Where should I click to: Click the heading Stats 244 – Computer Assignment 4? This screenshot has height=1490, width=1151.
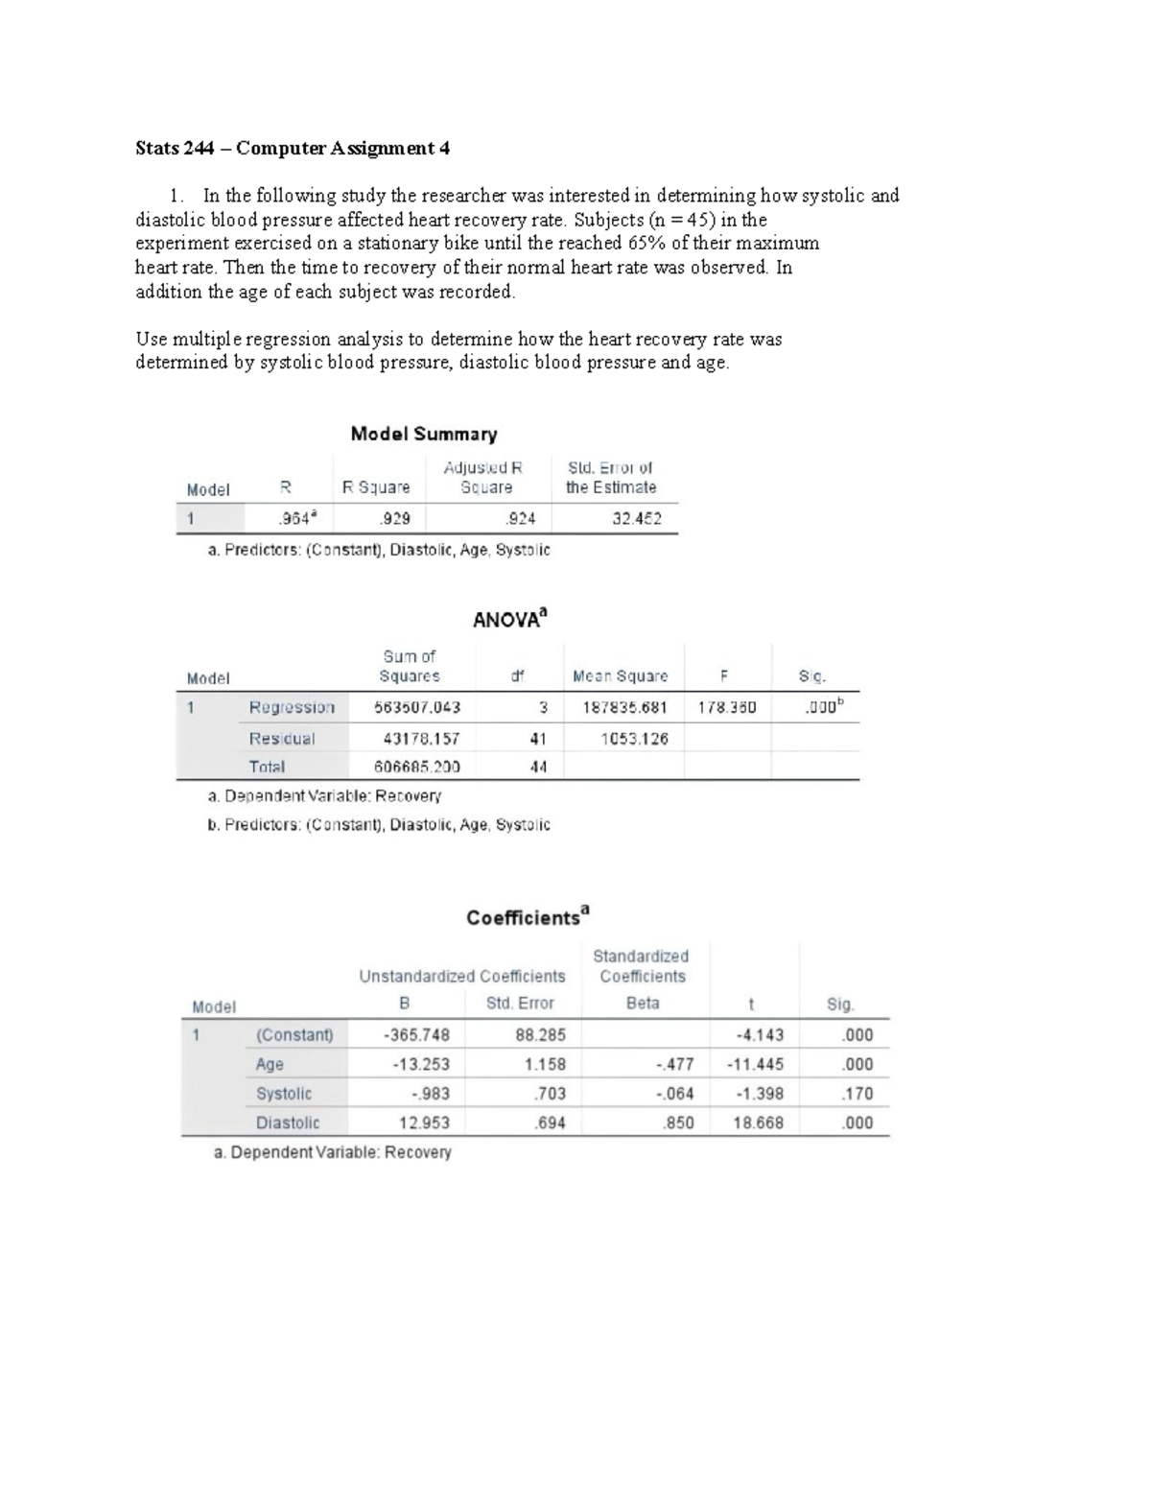293,149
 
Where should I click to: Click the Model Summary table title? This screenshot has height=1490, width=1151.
424,435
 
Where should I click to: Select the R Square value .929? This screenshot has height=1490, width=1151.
395,519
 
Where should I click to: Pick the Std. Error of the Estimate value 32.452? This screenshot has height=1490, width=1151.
637,519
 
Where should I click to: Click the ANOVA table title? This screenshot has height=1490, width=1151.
509,619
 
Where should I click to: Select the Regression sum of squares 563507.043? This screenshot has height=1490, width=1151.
417,708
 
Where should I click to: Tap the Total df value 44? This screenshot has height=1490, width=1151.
538,768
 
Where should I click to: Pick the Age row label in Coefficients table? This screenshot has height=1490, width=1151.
270,1065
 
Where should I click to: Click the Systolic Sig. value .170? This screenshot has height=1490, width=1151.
857,1094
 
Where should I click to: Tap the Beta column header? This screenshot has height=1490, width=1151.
643,1004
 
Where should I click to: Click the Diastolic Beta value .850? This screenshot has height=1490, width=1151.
678,1123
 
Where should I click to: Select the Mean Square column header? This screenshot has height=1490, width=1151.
620,676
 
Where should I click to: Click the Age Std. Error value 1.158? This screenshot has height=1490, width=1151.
545,1065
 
